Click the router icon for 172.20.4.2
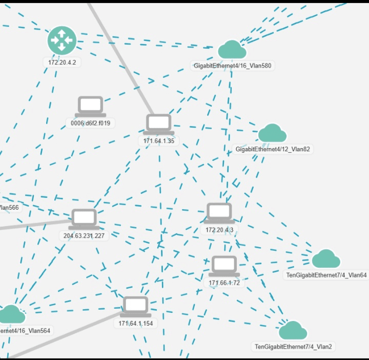(x=62, y=40)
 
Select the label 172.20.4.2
(x=62, y=62)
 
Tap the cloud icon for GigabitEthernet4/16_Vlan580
(x=232, y=50)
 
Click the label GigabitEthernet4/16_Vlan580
(x=232, y=66)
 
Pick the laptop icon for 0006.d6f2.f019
(x=91, y=106)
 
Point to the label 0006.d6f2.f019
(x=91, y=123)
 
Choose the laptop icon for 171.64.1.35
(x=158, y=124)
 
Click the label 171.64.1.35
(x=159, y=141)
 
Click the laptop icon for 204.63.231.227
(x=84, y=219)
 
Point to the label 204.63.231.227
(x=85, y=236)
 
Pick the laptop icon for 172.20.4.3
(x=219, y=213)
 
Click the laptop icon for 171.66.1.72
(x=224, y=266)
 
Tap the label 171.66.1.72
(x=224, y=283)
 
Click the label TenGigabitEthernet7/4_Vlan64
(x=326, y=275)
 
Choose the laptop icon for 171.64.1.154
(x=136, y=306)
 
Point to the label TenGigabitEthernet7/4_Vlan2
(x=293, y=347)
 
